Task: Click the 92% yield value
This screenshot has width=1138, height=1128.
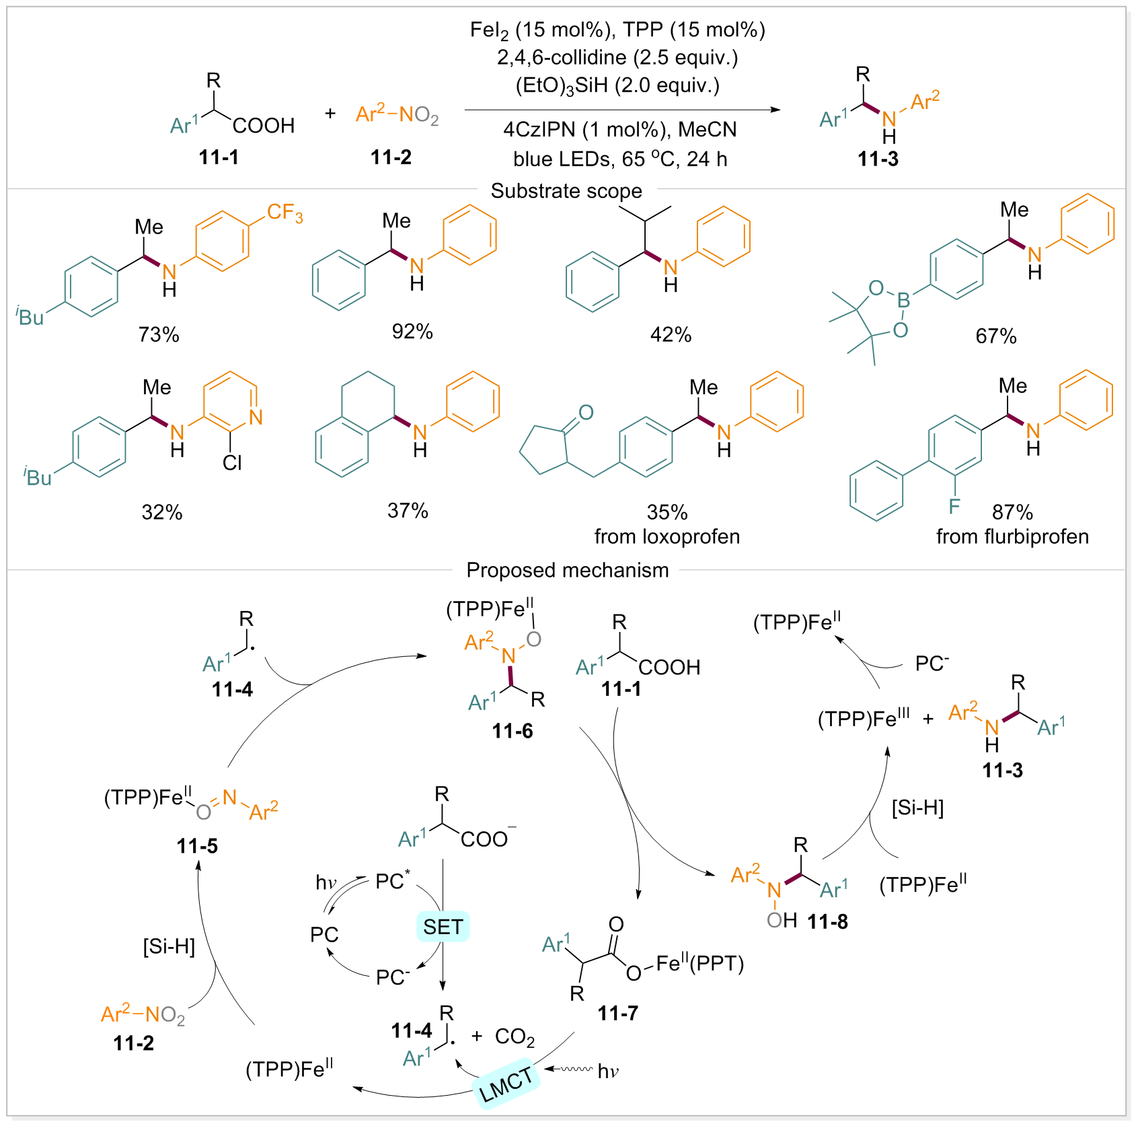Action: coord(412,331)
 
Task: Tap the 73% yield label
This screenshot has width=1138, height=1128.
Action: coord(159,334)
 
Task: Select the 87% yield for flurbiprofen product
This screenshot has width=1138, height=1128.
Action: coord(1012,512)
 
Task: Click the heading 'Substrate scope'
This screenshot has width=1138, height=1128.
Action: coord(566,191)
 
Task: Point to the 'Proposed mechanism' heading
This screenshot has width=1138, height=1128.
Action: coord(568,570)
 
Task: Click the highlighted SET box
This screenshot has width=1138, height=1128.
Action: coord(443,927)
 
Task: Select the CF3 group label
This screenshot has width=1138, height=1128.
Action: coord(285,213)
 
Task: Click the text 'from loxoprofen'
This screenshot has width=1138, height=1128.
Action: coord(667,536)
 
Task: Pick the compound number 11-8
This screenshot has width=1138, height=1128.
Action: coord(827,921)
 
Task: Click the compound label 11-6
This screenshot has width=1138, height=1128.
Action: coord(513,731)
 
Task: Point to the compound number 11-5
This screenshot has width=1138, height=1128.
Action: coord(197,846)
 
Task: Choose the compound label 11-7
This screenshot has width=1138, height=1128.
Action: coord(617,1013)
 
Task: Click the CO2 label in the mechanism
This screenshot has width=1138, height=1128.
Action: coord(515,1037)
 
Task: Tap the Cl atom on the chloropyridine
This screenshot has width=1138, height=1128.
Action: coord(232,462)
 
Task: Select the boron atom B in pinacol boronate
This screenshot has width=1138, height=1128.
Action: coord(904,300)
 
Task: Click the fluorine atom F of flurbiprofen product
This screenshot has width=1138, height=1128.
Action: coord(954,505)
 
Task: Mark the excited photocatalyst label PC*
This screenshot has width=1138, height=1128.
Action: coord(392,880)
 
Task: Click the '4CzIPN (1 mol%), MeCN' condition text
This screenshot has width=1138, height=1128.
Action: coord(620,129)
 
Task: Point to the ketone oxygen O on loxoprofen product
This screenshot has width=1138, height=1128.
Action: coord(586,412)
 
